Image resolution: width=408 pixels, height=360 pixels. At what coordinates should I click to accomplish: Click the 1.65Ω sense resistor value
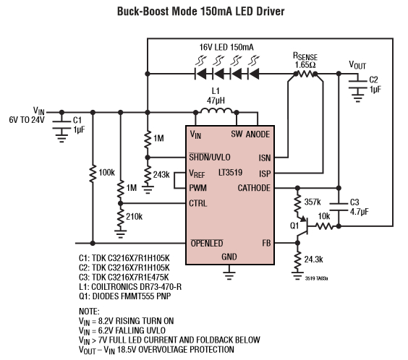pyautogui.click(x=305, y=64)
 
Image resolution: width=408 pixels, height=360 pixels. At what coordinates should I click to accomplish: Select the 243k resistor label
pyautogui.click(x=161, y=174)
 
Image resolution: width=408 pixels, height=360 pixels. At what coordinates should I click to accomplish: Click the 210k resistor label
pyautogui.click(x=135, y=216)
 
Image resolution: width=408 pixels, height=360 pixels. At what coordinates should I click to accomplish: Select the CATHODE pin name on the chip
pyautogui.click(x=253, y=188)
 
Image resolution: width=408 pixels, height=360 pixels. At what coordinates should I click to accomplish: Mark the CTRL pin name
pyautogui.click(x=199, y=203)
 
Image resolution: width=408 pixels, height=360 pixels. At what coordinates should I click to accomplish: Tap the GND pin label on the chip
pyautogui.click(x=229, y=257)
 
